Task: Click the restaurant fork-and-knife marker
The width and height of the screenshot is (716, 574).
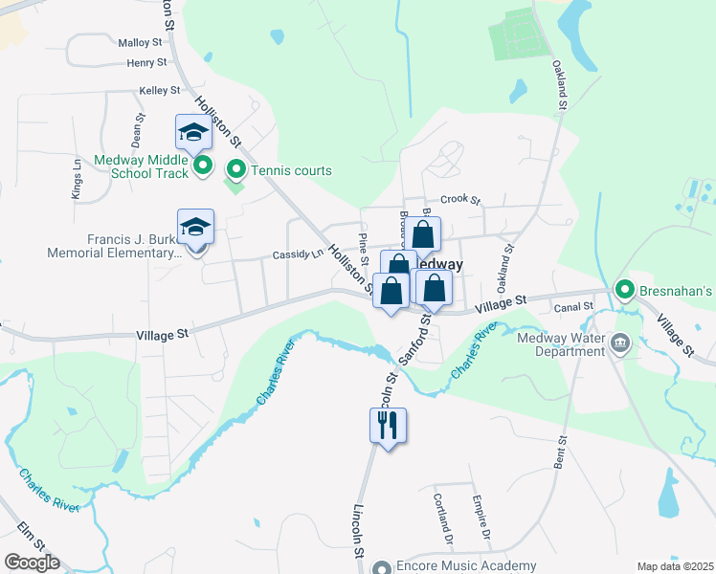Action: [389, 426]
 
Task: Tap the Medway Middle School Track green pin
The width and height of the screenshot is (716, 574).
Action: [203, 167]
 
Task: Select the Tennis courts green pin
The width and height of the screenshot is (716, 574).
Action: [235, 171]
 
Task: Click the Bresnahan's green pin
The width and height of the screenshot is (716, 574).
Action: [625, 289]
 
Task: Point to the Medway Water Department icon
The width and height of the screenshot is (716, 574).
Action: [620, 343]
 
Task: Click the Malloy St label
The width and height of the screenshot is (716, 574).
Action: [142, 43]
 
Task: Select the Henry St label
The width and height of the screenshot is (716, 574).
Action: [146, 63]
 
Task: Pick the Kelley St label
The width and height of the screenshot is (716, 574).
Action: [160, 91]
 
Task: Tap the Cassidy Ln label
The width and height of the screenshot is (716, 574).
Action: [298, 255]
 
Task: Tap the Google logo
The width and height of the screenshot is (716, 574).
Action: [31, 563]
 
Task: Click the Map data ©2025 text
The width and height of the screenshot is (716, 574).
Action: [675, 566]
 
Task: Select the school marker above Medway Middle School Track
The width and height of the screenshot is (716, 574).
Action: [193, 132]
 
